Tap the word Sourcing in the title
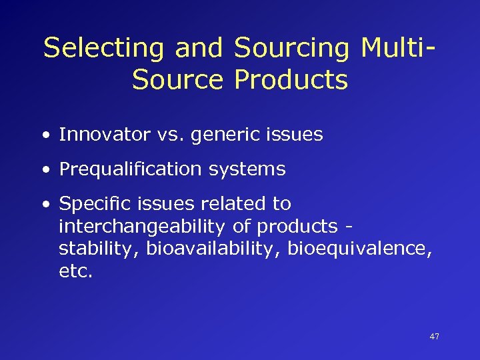click(x=292, y=48)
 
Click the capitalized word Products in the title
click(x=291, y=80)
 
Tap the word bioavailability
click(x=214, y=249)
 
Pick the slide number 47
click(x=434, y=337)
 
